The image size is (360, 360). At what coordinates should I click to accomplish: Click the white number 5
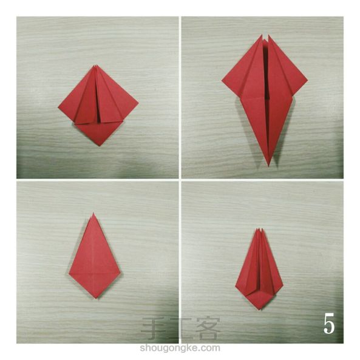coord(329,324)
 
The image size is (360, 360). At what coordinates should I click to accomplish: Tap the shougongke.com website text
coord(180,348)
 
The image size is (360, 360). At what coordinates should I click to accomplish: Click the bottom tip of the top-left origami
coord(99,146)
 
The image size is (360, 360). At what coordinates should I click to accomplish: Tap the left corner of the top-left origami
coord(58,107)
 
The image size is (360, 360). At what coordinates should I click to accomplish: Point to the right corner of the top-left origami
coord(138,102)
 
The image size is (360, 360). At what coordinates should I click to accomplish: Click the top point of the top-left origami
coord(96,66)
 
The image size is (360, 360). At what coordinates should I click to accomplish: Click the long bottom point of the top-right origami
coord(268,166)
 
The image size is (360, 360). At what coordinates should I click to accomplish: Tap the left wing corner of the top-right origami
coord(222,80)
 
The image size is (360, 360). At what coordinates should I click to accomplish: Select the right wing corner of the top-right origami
coord(307,80)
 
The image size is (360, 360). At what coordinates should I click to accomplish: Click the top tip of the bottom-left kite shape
coord(93,213)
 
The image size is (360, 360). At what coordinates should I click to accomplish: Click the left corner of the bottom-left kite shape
coord(69,273)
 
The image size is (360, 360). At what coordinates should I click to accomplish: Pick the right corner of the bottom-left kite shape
coord(121,273)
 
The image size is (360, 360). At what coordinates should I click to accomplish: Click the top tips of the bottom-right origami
coord(259,229)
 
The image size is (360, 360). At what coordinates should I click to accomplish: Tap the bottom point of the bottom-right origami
coord(260,310)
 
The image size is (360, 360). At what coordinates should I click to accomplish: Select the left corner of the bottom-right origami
coord(236,285)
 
